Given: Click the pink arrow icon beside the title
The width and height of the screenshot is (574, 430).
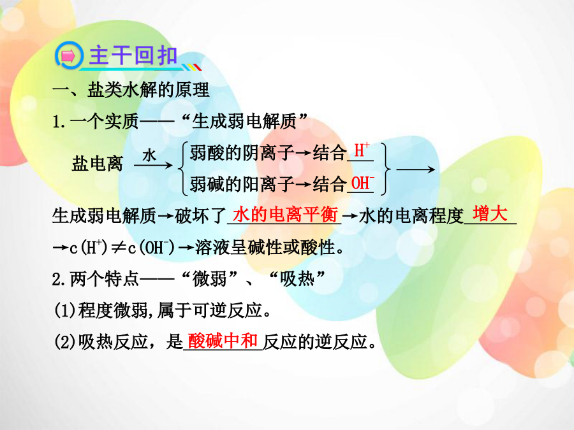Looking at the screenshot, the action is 68,56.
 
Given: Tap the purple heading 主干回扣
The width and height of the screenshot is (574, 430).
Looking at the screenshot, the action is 133,55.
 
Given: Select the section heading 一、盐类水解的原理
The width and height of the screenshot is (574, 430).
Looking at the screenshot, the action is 131,90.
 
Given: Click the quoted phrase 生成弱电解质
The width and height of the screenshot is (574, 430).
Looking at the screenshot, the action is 244,121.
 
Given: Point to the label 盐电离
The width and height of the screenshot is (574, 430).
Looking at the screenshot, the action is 98,163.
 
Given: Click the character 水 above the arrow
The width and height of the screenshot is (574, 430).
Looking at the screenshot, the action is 149,155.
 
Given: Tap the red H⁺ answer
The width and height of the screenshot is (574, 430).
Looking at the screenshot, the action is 362,150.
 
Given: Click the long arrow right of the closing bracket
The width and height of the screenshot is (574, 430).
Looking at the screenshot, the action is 416,169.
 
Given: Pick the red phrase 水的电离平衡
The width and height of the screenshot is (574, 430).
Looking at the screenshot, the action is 285,214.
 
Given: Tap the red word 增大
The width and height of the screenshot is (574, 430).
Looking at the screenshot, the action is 490,213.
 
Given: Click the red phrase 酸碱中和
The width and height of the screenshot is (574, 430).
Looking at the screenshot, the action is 223,341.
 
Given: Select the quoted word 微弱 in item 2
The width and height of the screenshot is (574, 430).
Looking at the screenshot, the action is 209,280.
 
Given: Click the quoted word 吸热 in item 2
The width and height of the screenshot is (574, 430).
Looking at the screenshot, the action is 297,280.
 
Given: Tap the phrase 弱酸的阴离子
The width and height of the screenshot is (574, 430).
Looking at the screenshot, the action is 242,152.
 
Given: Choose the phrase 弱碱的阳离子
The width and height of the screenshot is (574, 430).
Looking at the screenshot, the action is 242,184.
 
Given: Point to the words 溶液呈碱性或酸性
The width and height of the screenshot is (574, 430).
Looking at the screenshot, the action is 265,248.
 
